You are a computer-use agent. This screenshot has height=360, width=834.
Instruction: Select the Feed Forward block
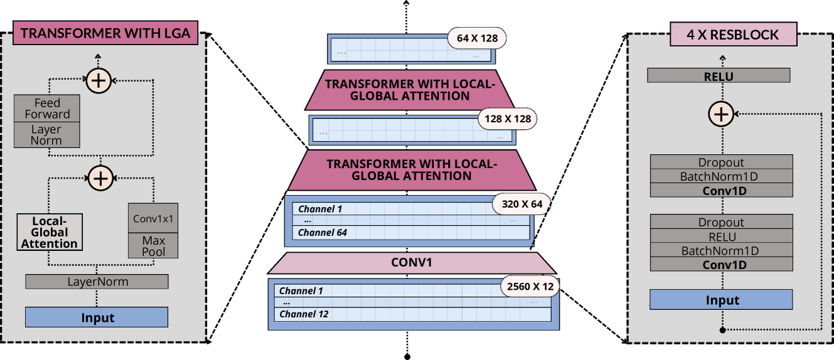point(47,109)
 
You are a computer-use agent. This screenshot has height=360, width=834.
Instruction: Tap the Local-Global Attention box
point(50,232)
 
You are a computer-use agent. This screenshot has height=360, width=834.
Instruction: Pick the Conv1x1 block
point(153,219)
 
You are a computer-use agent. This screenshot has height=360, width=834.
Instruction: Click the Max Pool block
point(153,246)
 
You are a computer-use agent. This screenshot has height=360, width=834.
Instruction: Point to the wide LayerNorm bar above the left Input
point(97,282)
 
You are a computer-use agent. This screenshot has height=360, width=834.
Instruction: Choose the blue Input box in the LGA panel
point(97,317)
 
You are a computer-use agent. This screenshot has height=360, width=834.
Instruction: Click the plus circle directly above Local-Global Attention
point(100,178)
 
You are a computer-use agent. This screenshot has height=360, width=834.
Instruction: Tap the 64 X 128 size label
point(477,39)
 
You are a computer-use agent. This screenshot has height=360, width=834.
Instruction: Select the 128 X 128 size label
point(508,118)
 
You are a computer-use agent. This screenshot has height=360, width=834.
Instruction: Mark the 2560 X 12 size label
point(530,287)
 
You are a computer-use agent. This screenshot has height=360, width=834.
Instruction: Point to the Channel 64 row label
point(322,233)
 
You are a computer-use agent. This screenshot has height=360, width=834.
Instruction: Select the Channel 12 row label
point(304,314)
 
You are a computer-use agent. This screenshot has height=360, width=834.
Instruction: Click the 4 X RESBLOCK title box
point(734,34)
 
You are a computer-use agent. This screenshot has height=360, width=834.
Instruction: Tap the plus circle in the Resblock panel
point(721,114)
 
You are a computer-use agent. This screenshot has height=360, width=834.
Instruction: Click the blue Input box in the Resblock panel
point(721,300)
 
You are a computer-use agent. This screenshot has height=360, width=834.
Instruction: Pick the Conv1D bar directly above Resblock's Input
point(721,265)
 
